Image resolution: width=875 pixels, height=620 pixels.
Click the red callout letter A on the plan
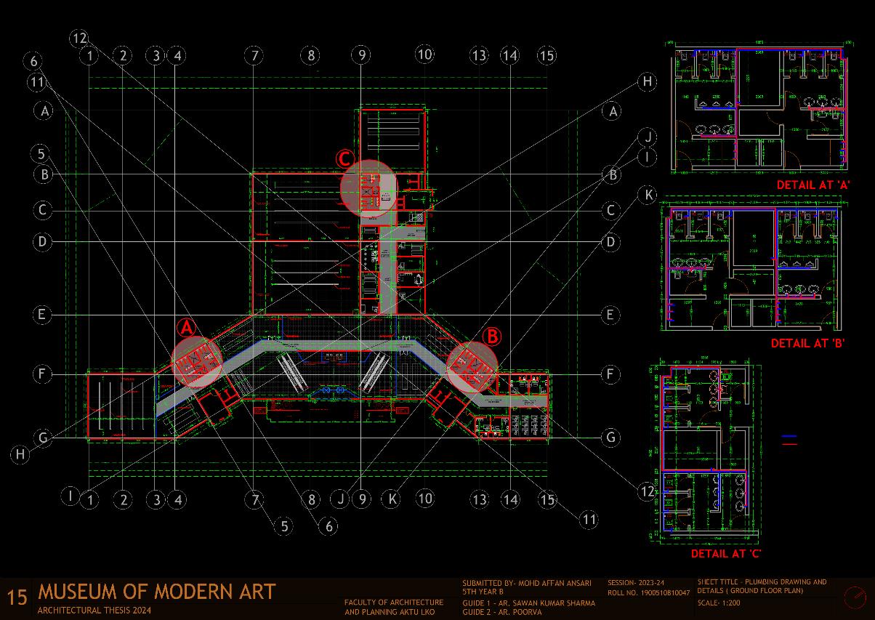click(x=187, y=328)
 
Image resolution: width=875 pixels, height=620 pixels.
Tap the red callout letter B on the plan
click(x=492, y=337)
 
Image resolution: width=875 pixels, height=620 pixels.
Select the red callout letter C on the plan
click(x=345, y=159)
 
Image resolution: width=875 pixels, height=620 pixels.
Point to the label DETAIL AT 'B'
click(x=807, y=343)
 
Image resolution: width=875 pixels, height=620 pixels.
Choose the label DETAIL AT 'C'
click(x=726, y=554)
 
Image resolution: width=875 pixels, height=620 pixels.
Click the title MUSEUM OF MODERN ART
click(x=157, y=592)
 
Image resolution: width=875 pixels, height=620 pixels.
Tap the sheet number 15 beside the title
click(x=17, y=597)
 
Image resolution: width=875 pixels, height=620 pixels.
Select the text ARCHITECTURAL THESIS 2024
click(x=94, y=611)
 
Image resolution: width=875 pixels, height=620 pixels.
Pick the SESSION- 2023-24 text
click(x=636, y=583)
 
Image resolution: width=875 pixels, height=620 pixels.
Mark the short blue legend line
click(x=789, y=437)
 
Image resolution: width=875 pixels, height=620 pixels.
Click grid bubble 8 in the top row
click(x=311, y=55)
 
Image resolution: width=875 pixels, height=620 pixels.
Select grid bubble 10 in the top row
click(x=424, y=54)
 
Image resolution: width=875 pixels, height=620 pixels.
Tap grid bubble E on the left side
click(x=43, y=315)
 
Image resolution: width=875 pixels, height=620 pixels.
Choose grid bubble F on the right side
click(x=611, y=374)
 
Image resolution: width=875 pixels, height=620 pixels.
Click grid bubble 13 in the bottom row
click(x=478, y=499)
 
